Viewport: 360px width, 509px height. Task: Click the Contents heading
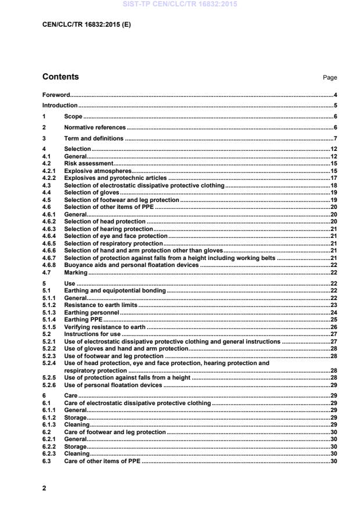pos(61,77)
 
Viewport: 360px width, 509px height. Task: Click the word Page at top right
pos(330,78)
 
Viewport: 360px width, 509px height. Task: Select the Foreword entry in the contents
pos(56,95)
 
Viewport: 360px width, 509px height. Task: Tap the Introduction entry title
pos(60,106)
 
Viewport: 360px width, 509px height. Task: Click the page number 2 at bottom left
pos(44,489)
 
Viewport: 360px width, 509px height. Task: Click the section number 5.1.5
pos(50,327)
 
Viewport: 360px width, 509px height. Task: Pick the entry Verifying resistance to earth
pos(105,327)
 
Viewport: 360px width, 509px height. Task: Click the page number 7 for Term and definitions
pos(336,139)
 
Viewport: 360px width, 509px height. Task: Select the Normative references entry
pos(95,128)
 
